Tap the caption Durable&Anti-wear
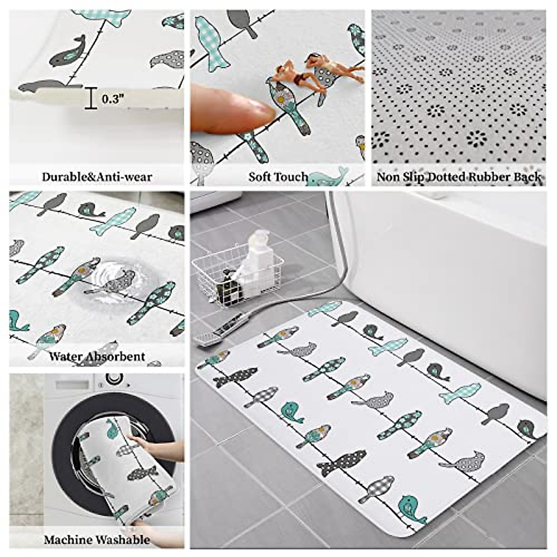coord(97,177)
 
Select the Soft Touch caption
coord(278,177)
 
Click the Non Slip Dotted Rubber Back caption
coord(459,177)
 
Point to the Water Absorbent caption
coord(97,356)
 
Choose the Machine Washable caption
coord(97,540)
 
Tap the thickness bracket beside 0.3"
coord(91,99)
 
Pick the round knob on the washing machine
coord(114,379)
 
